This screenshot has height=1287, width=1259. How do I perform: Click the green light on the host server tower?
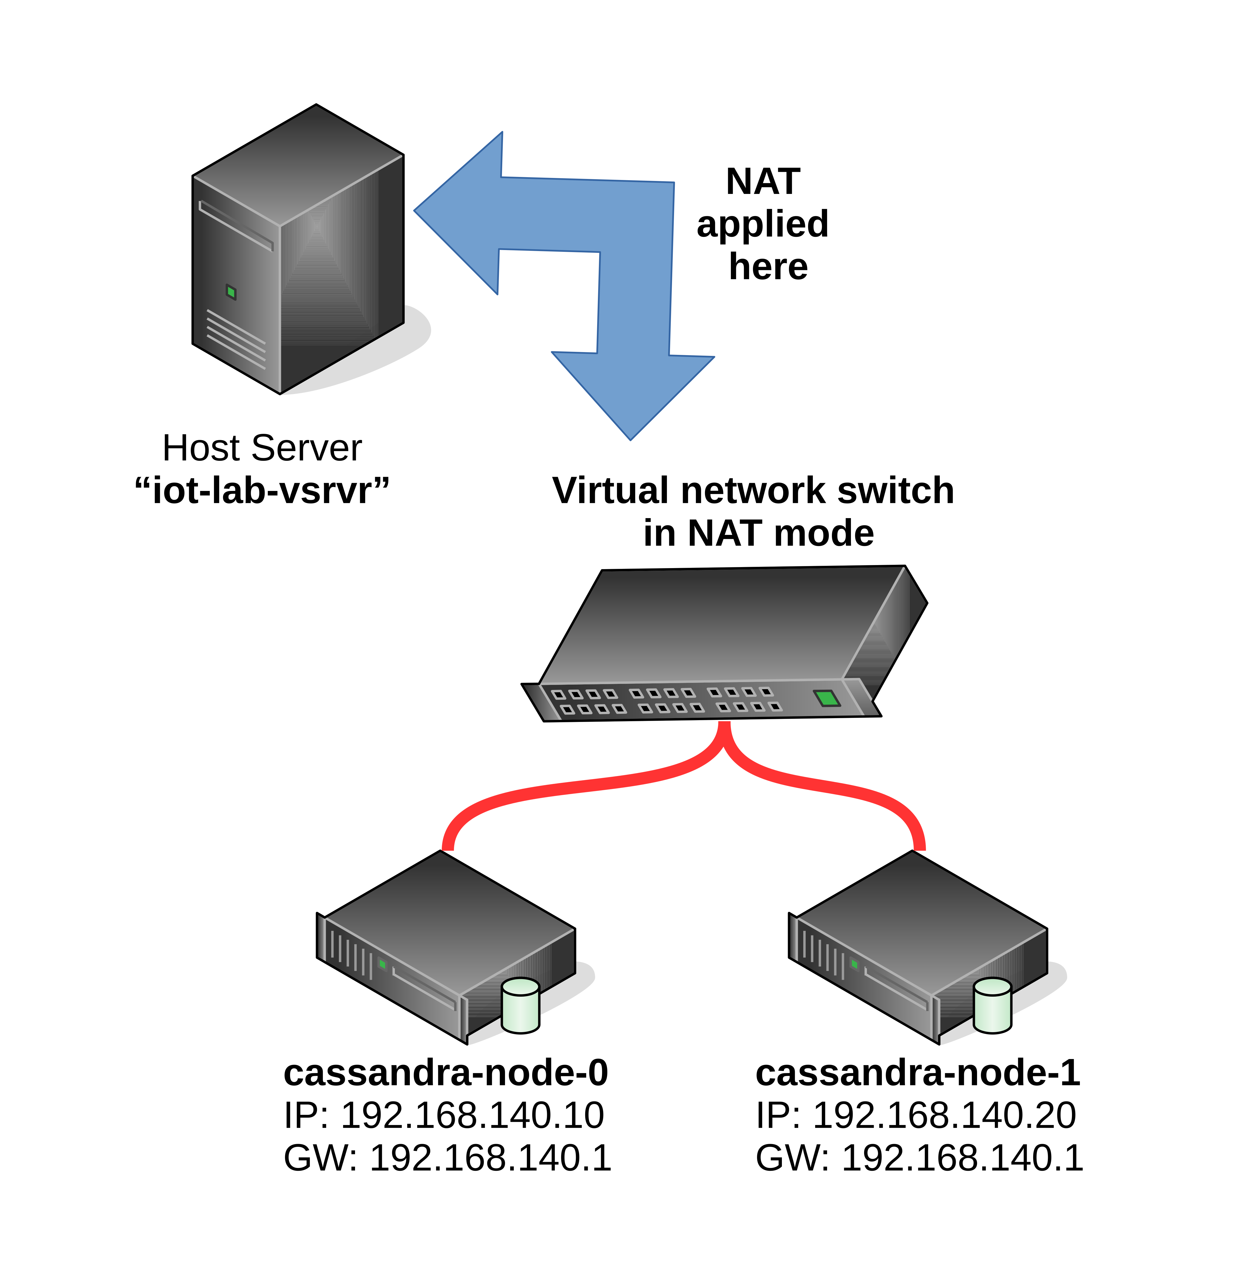(x=231, y=292)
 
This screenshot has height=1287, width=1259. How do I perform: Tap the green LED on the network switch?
(x=827, y=698)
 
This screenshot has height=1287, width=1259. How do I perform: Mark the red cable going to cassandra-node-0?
(x=569, y=787)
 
